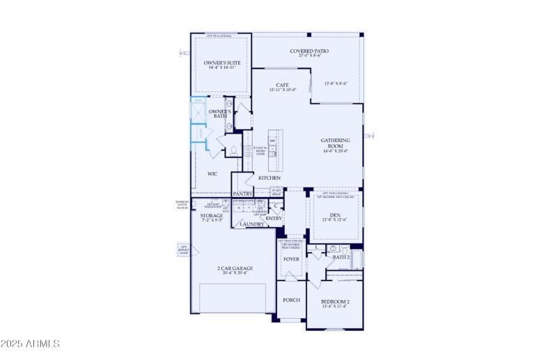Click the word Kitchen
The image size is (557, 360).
point(269,178)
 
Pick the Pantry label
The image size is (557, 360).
point(242,194)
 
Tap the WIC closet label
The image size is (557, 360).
point(212,174)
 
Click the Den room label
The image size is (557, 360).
point(335,216)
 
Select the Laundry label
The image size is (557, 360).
point(251,224)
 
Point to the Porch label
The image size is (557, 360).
point(291,300)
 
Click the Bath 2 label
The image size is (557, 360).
point(340,258)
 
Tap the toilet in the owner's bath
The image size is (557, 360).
point(233,149)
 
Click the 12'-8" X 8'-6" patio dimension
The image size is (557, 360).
point(336,84)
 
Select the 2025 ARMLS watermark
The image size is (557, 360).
point(31,343)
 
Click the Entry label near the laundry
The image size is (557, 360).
point(274,219)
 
